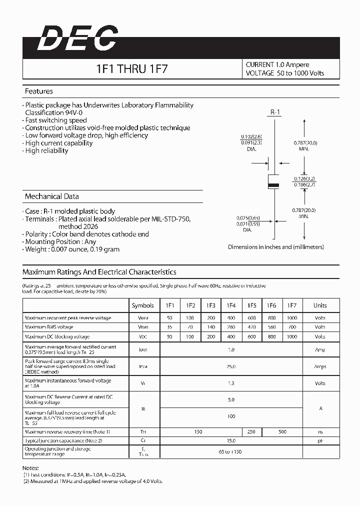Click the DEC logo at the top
77,38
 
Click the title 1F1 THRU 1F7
131,69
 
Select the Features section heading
38,91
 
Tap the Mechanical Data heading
51,196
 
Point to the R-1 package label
275,112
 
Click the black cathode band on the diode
273,185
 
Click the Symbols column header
143,305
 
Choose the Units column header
320,305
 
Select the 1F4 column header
231,305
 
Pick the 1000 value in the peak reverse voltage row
292,318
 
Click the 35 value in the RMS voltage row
170,327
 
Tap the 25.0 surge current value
231,366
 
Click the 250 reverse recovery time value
251,431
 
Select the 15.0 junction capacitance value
231,441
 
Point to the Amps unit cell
320,366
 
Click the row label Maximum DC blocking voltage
57,337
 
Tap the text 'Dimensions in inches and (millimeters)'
276,247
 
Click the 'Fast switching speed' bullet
56,120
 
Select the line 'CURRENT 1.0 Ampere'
277,64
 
